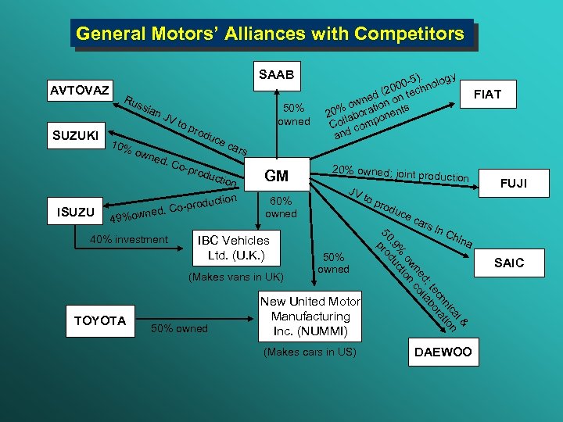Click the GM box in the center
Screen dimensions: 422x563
click(x=277, y=177)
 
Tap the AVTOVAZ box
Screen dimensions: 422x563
click(x=81, y=90)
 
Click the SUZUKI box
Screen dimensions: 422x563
click(x=76, y=136)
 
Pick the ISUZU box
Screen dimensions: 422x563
click(x=75, y=212)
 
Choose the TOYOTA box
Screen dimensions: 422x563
click(x=99, y=321)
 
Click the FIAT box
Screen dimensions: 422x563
click(x=487, y=95)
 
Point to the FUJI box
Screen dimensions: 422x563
click(x=513, y=184)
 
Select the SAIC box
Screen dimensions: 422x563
click(x=509, y=263)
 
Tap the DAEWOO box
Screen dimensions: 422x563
click(x=442, y=352)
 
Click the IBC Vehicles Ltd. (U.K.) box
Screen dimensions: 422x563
click(x=233, y=248)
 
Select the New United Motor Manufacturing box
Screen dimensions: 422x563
click(x=310, y=316)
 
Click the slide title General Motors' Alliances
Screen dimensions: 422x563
click(x=271, y=34)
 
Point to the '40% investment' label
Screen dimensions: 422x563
click(x=129, y=239)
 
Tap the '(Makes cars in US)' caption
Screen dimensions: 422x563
click(x=310, y=352)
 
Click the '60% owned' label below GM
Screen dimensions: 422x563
click(x=281, y=207)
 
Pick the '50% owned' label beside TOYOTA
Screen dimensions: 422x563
click(x=180, y=328)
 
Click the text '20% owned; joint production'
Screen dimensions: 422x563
click(x=400, y=174)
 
